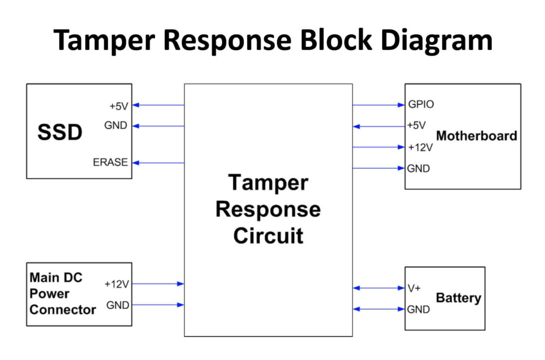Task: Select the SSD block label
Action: (60, 132)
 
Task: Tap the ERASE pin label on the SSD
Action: (110, 162)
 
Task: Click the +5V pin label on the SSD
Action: (119, 106)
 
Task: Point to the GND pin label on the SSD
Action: (115, 125)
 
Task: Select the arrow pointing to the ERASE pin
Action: (158, 163)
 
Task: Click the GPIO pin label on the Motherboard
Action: (421, 104)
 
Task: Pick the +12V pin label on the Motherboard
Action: (420, 148)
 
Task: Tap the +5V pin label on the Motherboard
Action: (416, 125)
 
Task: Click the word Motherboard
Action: (476, 136)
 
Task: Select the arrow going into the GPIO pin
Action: (378, 105)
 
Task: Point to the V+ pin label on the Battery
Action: (414, 288)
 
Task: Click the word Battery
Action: (458, 298)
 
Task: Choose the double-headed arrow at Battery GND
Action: (378, 309)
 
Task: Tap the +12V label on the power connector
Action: (117, 284)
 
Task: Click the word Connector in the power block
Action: (63, 309)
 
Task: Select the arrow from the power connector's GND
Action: (158, 305)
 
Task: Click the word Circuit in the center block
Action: (268, 236)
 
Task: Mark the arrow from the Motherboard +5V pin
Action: (378, 126)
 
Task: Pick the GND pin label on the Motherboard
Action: (418, 169)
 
